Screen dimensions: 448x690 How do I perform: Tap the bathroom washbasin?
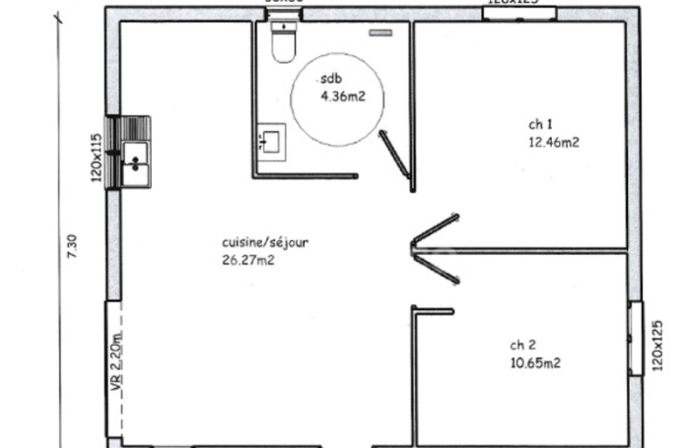pos(270,141)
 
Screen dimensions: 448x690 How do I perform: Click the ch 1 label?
pos(539,124)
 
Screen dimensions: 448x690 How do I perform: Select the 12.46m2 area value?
pos(553,142)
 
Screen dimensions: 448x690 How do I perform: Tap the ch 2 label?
pos(522,346)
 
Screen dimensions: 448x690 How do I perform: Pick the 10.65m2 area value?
pos(535,362)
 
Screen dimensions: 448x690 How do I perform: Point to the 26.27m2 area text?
pos(247,260)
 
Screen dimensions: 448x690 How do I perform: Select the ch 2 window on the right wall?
pos(635,339)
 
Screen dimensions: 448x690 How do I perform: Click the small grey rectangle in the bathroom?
pos(380,33)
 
